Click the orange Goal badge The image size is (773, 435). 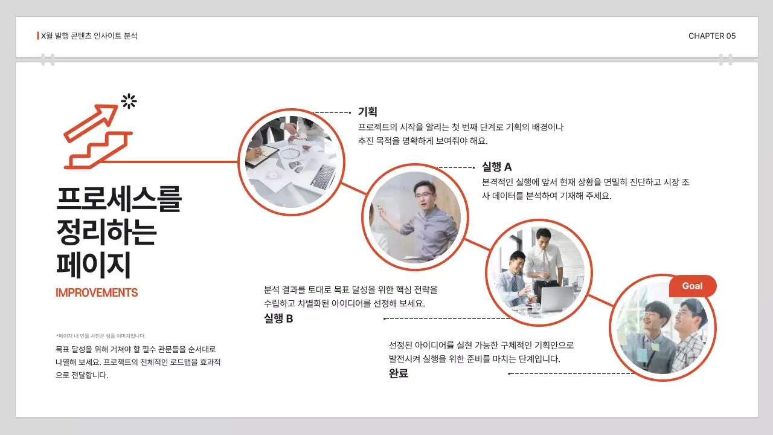693,286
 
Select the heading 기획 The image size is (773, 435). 367,112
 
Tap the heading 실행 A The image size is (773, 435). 496,167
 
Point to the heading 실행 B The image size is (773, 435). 278,318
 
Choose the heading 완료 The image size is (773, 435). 399,373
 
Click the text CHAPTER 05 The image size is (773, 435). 712,36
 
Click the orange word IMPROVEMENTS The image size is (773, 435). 97,293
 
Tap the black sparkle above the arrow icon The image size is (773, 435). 129,101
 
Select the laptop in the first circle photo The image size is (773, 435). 323,176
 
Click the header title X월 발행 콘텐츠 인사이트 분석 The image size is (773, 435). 89,36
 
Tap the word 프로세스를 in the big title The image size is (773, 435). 118,199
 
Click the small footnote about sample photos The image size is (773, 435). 100,336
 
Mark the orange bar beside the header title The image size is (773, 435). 38,36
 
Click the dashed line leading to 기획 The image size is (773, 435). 332,112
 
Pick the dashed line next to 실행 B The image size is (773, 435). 447,318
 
